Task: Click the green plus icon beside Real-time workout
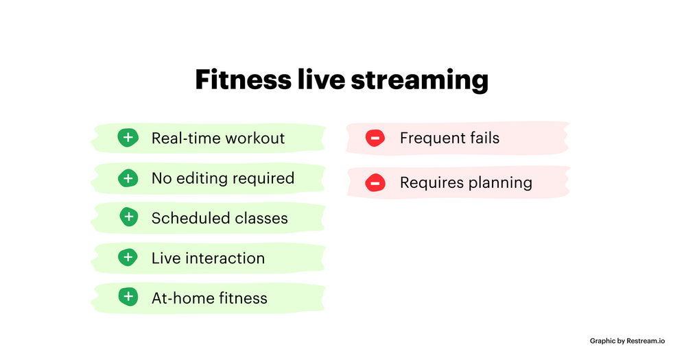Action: [x=128, y=138]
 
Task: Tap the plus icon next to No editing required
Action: [x=128, y=178]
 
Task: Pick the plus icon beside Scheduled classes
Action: [x=128, y=217]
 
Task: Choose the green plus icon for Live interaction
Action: [x=128, y=258]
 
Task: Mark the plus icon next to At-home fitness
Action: [x=128, y=297]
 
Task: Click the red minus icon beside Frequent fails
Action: [x=375, y=138]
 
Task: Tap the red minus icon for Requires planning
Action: [x=375, y=182]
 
